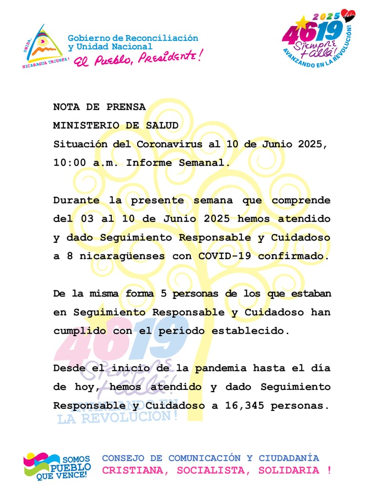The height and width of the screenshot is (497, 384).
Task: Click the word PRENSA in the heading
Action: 127,107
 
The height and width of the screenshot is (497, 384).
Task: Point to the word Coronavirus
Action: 169,144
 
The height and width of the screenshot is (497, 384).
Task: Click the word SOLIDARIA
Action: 289,470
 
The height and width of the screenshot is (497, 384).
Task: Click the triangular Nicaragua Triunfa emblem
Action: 43,45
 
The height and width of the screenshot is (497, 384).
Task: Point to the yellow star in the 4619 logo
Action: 303,21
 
